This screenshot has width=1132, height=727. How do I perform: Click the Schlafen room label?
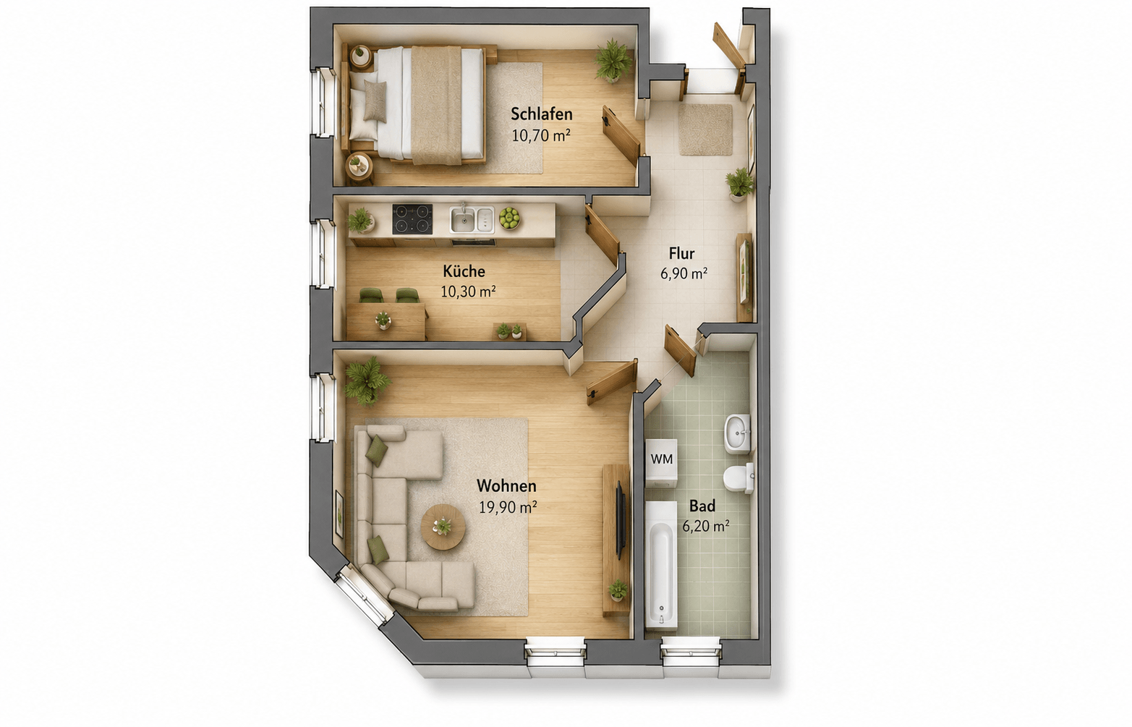tap(541, 114)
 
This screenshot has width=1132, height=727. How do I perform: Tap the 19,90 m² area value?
tap(507, 507)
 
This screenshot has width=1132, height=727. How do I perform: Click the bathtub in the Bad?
tap(661, 565)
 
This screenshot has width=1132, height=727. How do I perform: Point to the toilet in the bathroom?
tap(739, 478)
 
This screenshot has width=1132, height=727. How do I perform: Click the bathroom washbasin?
tap(737, 434)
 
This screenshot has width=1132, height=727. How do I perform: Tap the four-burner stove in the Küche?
tap(412, 219)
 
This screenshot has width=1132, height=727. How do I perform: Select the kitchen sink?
tap(472, 219)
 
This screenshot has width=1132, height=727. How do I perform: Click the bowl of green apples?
tap(509, 218)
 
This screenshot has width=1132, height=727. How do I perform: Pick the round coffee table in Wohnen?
tap(443, 527)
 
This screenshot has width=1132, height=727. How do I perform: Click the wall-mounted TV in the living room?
tap(621, 520)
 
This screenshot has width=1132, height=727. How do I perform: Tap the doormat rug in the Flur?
tap(705, 130)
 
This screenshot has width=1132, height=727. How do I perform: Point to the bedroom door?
tap(621, 135)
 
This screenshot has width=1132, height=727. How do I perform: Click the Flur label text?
tap(681, 252)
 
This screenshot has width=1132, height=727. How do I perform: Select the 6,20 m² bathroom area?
tap(705, 527)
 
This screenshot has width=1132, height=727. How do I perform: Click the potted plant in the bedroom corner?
tap(613, 61)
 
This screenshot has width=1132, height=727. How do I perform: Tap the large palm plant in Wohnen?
tap(367, 382)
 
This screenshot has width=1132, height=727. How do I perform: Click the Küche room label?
tap(464, 271)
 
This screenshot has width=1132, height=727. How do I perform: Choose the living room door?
tap(611, 382)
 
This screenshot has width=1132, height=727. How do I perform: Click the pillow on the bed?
tap(375, 101)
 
